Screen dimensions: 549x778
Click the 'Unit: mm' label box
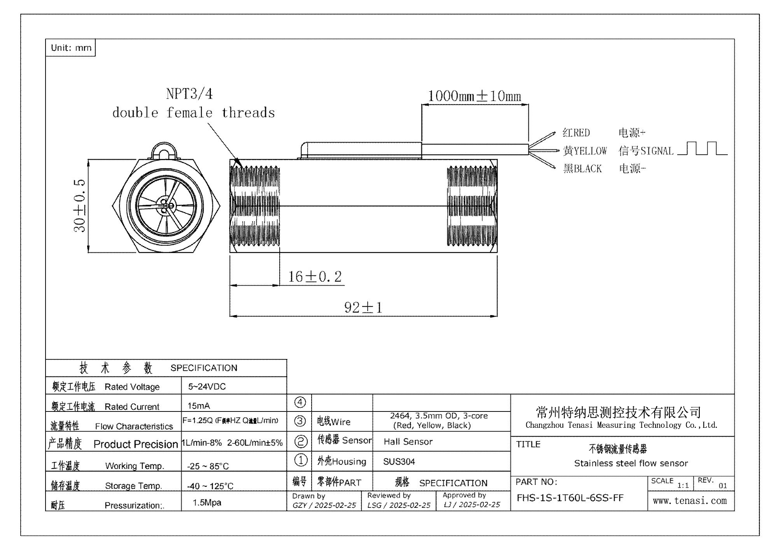(71, 48)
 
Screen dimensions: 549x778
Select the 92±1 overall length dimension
(363, 308)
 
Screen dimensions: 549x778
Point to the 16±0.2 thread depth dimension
(315, 277)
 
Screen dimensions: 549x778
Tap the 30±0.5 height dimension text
(79, 206)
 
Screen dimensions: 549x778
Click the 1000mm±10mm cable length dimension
(474, 96)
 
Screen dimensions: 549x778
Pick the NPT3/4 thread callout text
(189, 94)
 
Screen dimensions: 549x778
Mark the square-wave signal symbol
(702, 149)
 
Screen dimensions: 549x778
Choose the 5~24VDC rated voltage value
(207, 387)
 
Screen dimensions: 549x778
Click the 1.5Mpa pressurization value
(207, 502)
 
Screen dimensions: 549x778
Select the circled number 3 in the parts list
(300, 421)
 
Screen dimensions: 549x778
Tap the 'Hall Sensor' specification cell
(408, 442)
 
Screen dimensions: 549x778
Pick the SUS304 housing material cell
(399, 462)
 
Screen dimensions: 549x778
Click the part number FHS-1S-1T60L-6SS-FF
(570, 498)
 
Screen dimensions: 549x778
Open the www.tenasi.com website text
(690, 501)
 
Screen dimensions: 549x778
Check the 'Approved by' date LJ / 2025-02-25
(472, 505)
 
